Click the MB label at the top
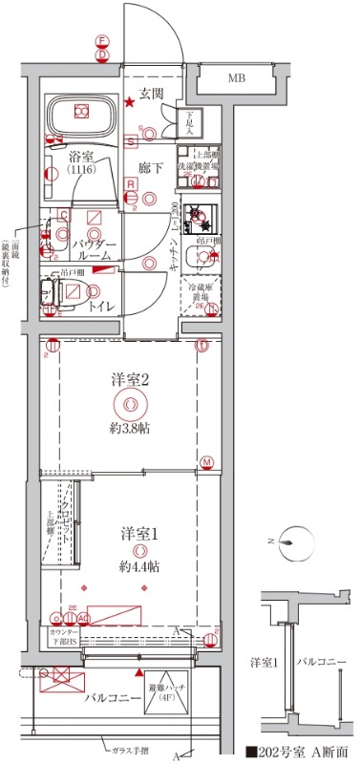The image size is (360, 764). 235,77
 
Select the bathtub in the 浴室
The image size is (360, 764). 81,117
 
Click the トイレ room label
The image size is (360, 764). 103,307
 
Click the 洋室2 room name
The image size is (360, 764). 130,380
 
